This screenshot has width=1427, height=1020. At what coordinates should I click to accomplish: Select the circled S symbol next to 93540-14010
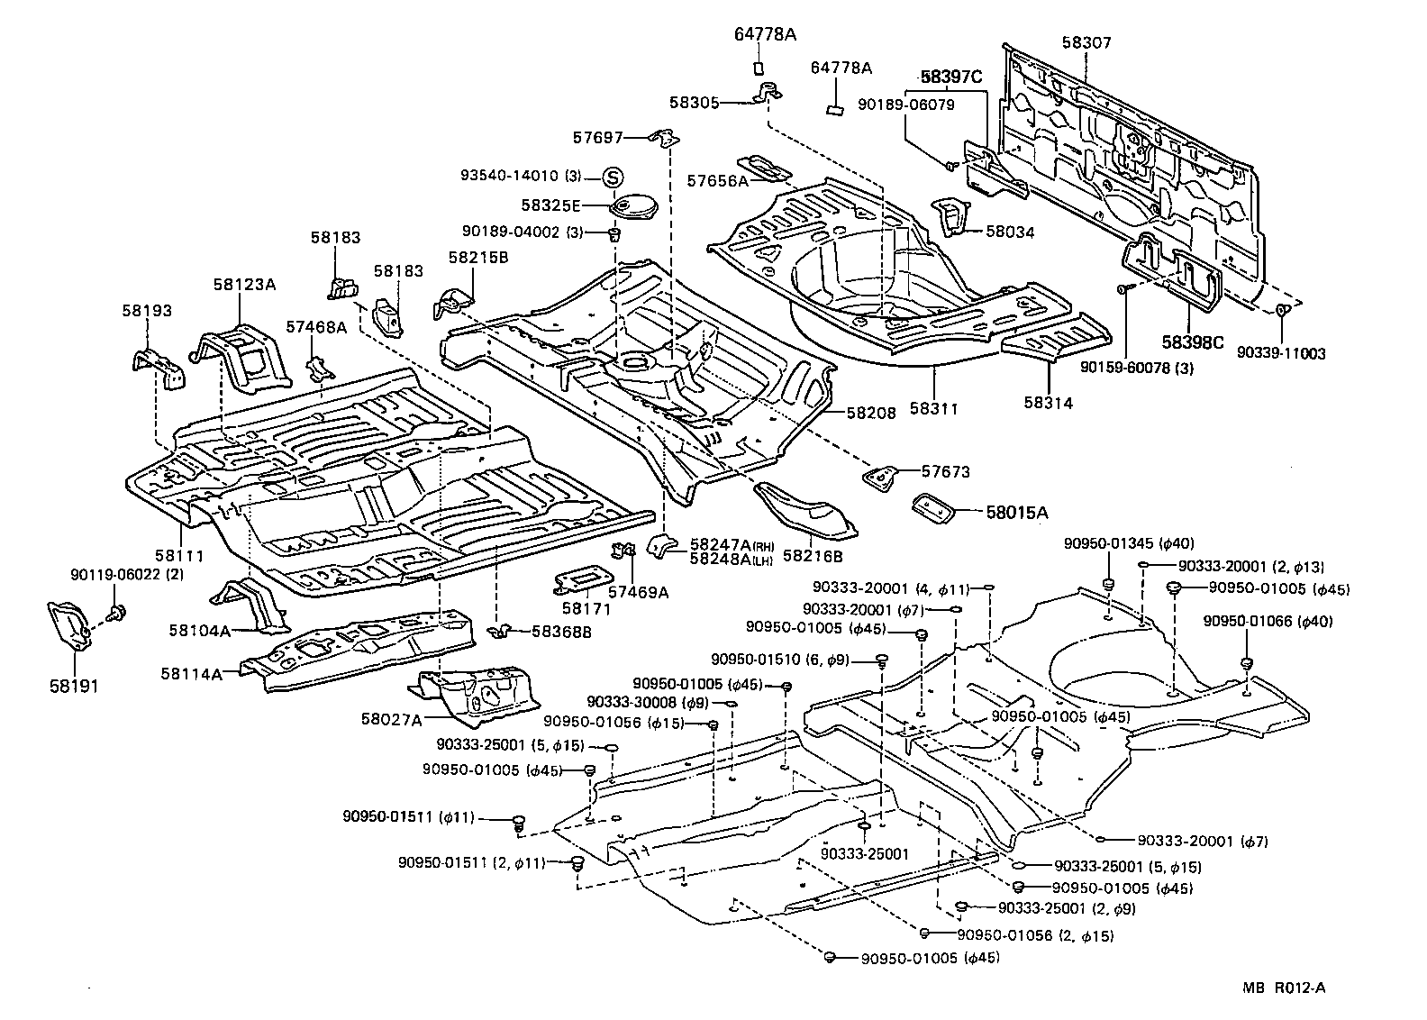coord(613,177)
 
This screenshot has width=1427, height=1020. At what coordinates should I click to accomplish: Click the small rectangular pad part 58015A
coord(933,507)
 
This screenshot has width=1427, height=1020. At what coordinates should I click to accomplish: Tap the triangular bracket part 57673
coord(882,477)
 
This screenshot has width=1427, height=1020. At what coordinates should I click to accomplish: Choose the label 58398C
coord(1192,342)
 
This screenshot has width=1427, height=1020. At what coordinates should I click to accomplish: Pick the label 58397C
coord(951,77)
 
